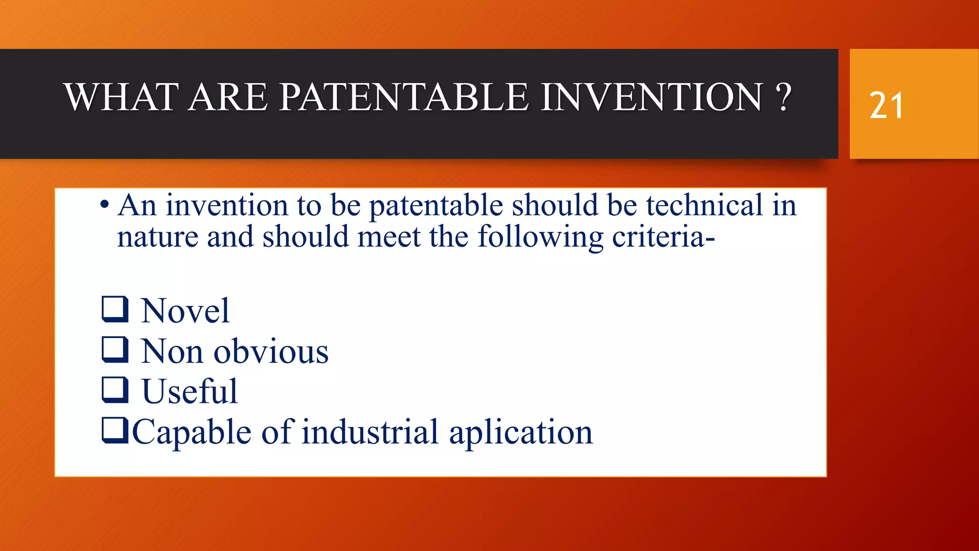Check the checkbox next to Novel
pyautogui.click(x=115, y=309)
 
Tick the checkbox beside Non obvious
pyautogui.click(x=115, y=349)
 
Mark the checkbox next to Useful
pyautogui.click(x=115, y=389)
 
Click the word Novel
pyautogui.click(x=185, y=311)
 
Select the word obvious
pyautogui.click(x=271, y=352)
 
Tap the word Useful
pyautogui.click(x=189, y=392)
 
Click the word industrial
pyautogui.click(x=370, y=432)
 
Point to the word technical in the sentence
pyautogui.click(x=704, y=206)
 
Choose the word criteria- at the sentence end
pyautogui.click(x=663, y=237)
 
